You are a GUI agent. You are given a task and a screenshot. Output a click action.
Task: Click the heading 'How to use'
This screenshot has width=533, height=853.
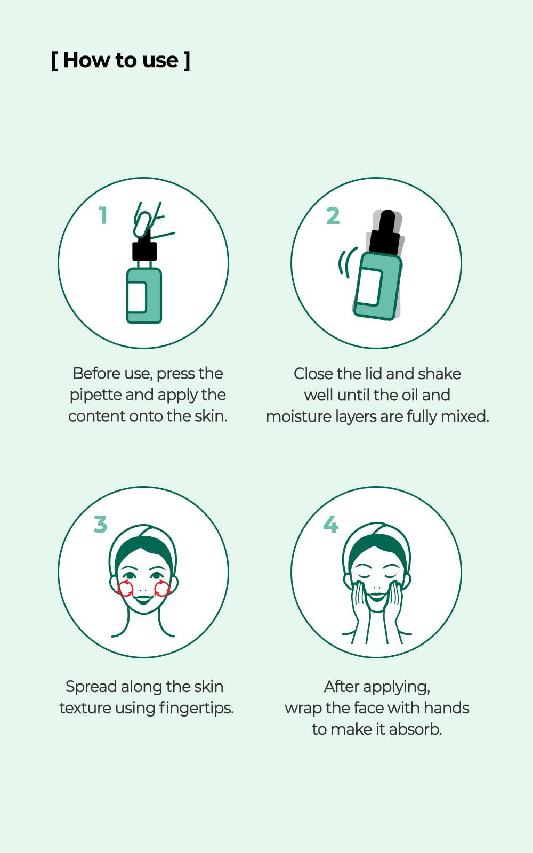pos(120,60)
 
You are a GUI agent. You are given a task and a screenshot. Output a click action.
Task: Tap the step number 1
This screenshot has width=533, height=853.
pos(103,215)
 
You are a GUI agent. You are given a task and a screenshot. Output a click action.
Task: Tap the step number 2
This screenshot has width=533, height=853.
pos(333,216)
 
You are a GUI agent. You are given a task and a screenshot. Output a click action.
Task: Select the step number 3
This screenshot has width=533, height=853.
pos(100,524)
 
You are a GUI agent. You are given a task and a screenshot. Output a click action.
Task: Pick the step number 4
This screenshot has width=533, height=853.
pos(331,524)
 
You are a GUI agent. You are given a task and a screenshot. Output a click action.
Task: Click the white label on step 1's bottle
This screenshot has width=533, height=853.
pos(137,297)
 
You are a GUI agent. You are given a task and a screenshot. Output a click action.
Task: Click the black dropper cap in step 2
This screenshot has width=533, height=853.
pos(386,234)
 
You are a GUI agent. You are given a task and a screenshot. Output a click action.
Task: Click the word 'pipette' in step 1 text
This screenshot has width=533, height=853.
pos(95,395)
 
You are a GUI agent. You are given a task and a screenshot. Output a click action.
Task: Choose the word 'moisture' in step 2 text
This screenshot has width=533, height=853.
pos(298,416)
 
